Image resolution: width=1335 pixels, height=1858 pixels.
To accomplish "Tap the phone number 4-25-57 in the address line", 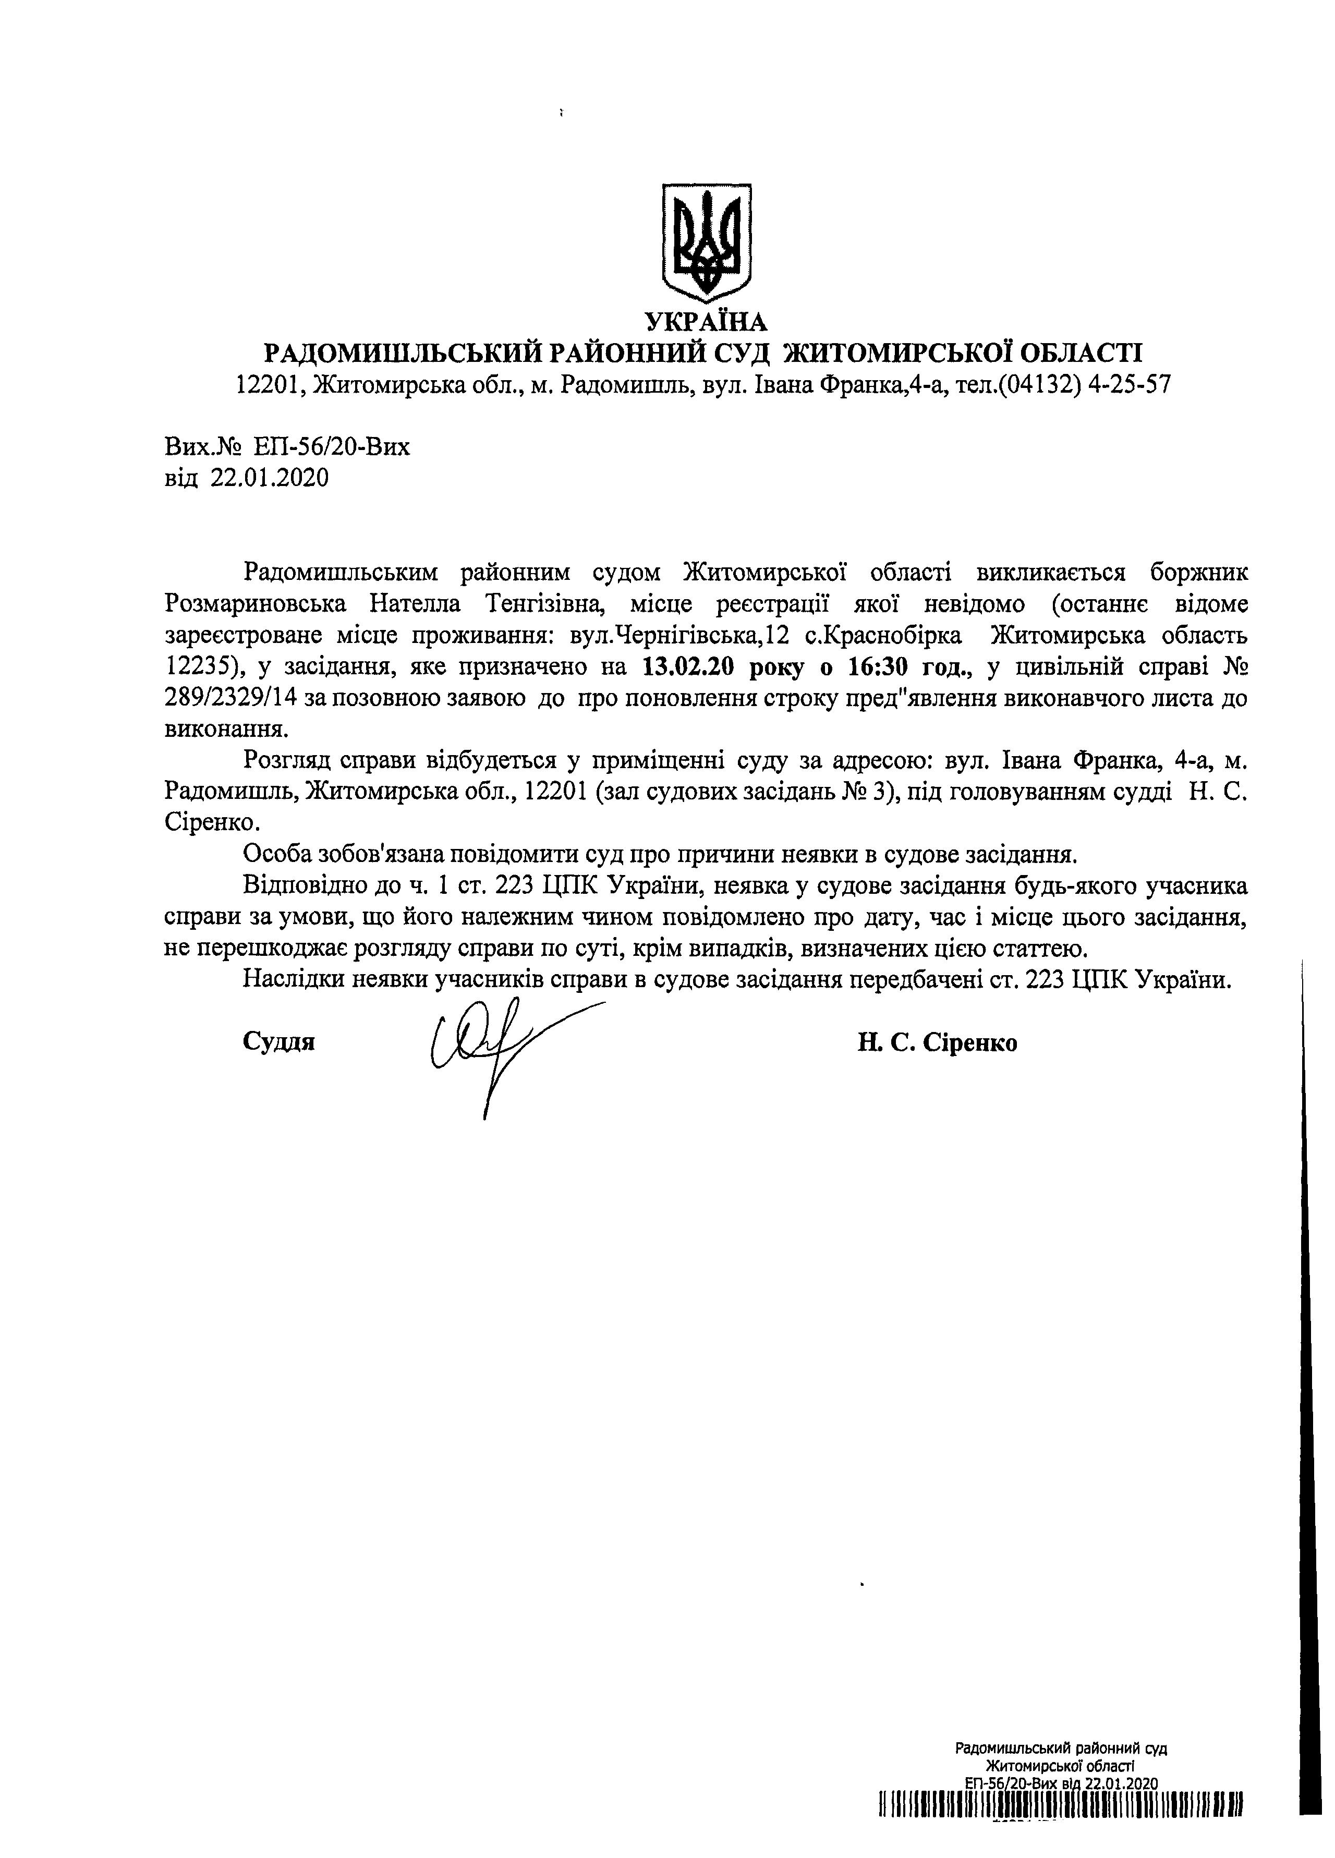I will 1128,384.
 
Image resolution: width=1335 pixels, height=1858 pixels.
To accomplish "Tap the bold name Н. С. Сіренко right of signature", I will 938,1043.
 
